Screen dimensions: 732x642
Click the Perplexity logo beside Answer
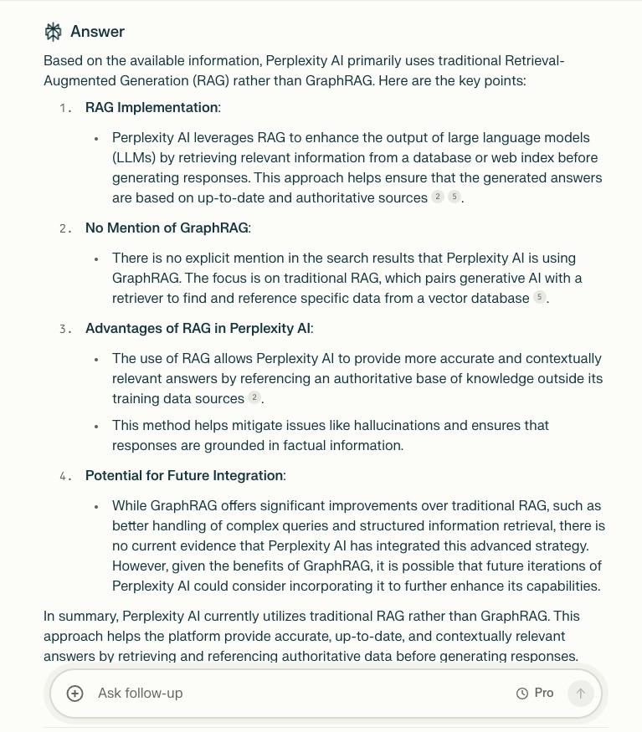(54, 32)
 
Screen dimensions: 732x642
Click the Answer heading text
(97, 32)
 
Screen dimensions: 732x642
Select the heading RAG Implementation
(152, 108)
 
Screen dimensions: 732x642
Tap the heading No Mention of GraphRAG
(167, 228)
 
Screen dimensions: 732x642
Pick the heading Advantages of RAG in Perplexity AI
(198, 329)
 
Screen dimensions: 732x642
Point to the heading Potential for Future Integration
(184, 476)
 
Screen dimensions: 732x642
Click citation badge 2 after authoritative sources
(437, 197)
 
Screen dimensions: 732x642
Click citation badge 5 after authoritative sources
(455, 197)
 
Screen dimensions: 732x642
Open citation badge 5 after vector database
(540, 298)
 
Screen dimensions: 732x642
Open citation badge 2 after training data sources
(254, 398)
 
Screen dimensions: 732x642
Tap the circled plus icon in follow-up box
(75, 694)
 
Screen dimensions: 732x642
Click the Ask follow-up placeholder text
(140, 694)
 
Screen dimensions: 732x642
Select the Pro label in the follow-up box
(544, 694)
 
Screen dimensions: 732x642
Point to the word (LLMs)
(134, 158)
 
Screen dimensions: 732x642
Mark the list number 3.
(65, 330)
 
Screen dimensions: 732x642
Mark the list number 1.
(65, 109)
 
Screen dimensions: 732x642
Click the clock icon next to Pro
(522, 694)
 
